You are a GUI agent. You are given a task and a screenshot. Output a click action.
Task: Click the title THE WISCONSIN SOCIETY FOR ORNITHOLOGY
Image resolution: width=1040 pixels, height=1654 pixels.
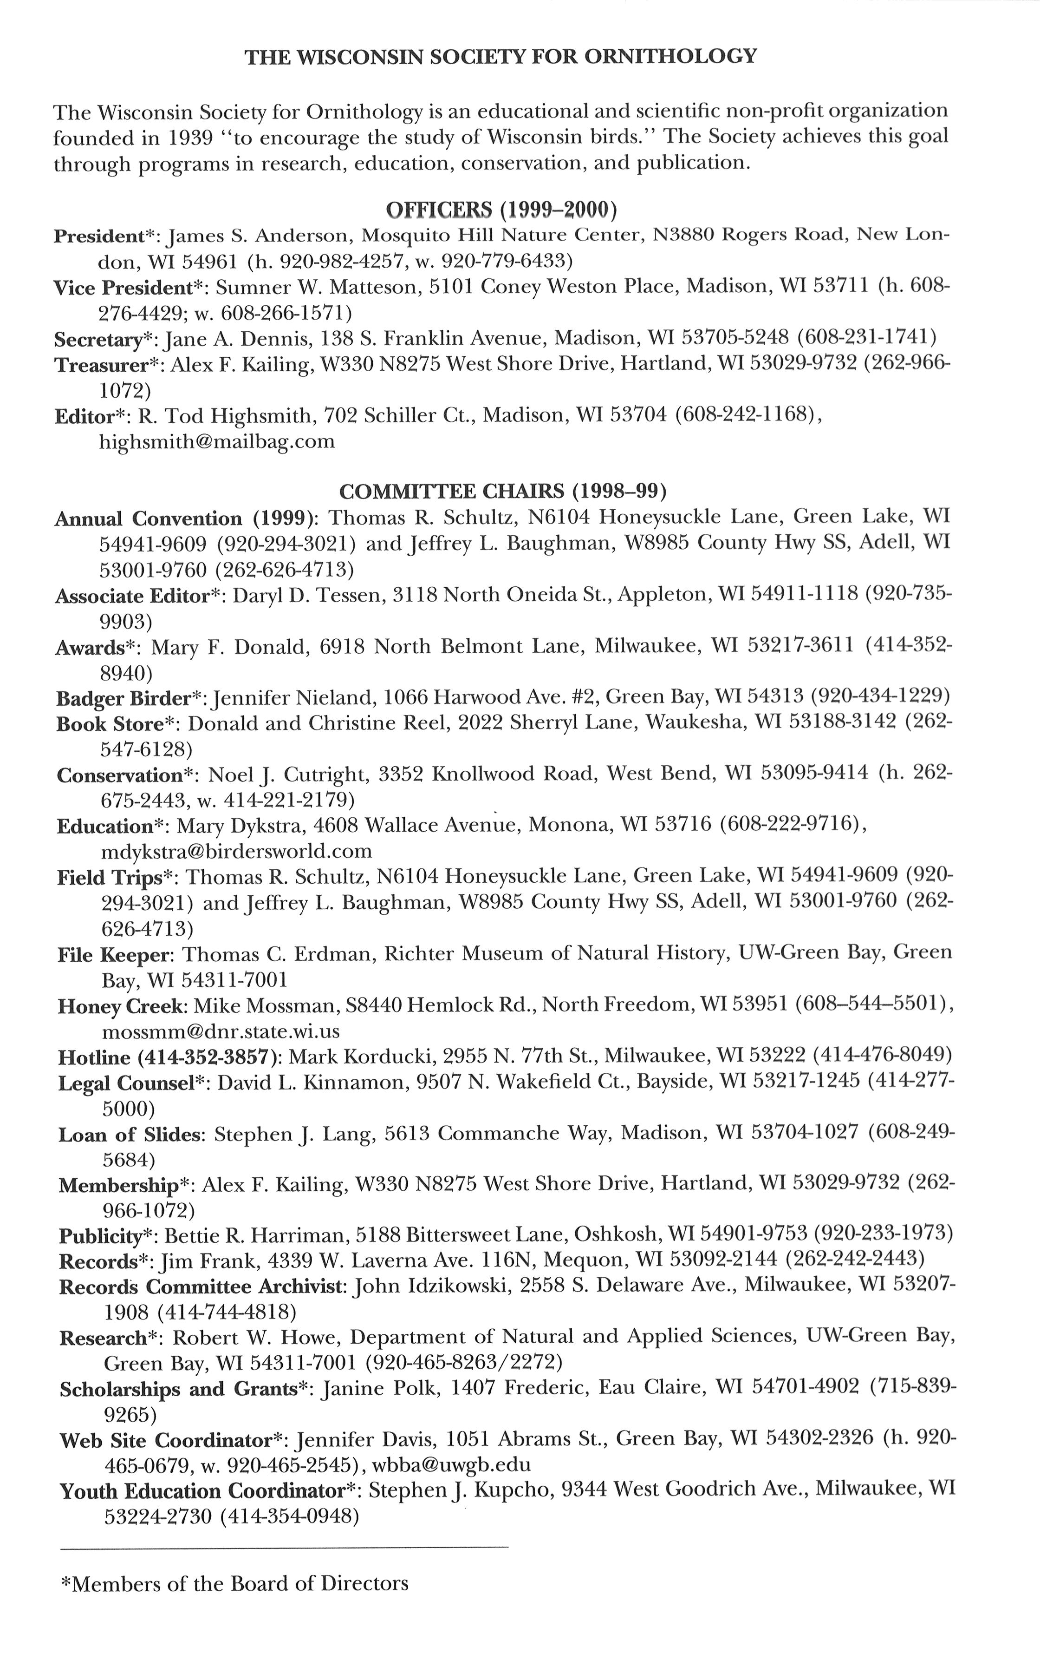500,56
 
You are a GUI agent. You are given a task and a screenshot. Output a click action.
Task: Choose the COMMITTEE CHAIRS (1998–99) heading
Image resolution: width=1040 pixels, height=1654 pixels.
503,491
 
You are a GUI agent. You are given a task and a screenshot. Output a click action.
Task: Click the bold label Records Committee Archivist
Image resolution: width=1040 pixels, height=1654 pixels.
201,1286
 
